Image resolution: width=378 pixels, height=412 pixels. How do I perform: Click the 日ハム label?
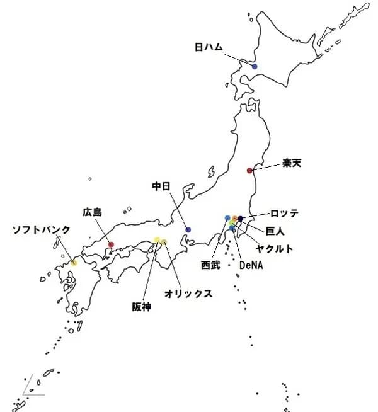click(209, 47)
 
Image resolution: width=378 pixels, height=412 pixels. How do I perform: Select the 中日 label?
click(163, 186)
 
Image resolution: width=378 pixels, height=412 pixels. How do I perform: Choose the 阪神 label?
click(142, 307)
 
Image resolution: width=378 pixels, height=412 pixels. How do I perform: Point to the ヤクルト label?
click(274, 249)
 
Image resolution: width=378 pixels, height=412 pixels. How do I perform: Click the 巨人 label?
click(275, 231)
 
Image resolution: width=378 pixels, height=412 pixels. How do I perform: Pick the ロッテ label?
click(284, 213)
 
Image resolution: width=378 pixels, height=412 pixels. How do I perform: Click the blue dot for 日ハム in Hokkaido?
click(255, 66)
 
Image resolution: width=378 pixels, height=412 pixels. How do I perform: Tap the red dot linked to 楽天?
click(249, 170)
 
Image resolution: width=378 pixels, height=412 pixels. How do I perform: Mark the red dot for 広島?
click(111, 244)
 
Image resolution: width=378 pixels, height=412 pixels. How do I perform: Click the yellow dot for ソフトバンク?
click(74, 262)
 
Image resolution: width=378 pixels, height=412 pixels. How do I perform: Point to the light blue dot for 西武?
click(227, 218)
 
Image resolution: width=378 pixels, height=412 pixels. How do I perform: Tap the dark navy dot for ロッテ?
click(240, 219)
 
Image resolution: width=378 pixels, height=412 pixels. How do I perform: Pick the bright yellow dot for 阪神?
click(157, 240)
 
